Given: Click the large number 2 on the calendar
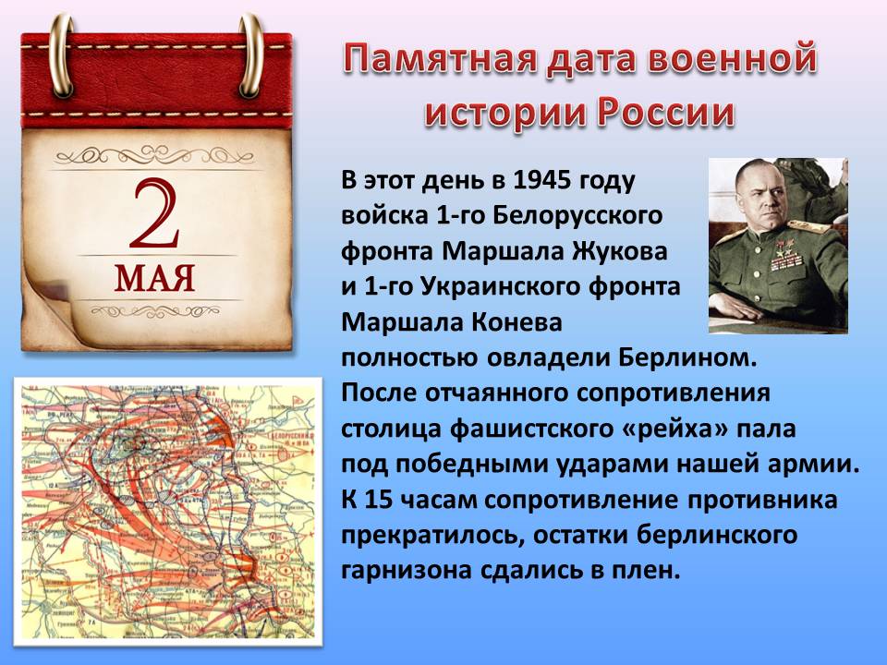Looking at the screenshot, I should click(x=154, y=214).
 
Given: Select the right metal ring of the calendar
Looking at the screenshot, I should click(x=250, y=55).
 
